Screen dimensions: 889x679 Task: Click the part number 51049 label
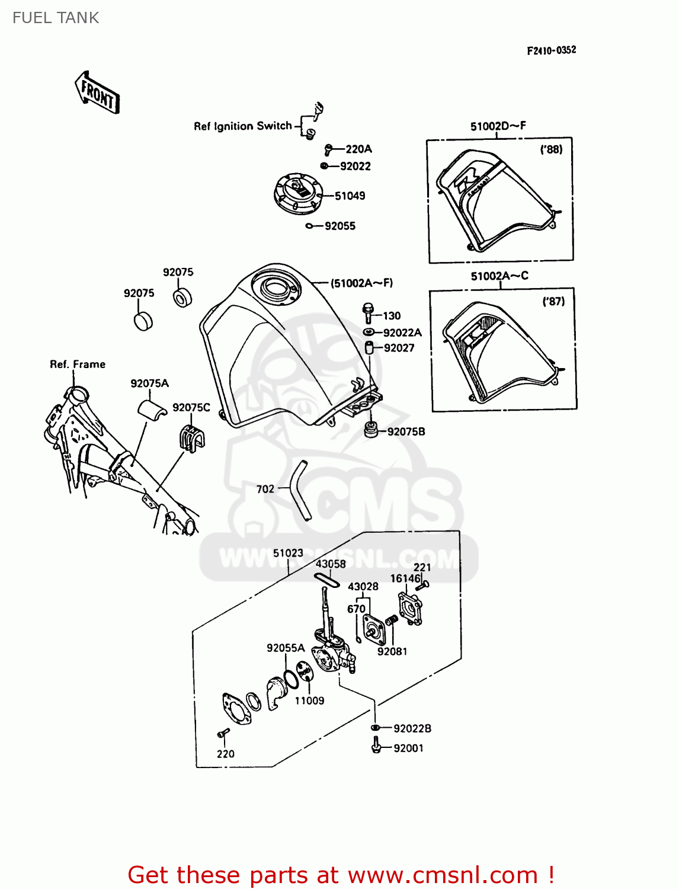(x=350, y=196)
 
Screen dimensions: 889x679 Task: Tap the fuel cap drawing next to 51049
(x=298, y=193)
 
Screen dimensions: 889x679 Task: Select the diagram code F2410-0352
(x=551, y=50)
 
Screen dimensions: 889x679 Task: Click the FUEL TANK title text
(x=56, y=18)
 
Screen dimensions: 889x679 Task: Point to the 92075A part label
(x=149, y=383)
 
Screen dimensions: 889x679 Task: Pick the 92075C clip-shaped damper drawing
(x=191, y=438)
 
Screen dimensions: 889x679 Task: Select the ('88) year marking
(x=551, y=150)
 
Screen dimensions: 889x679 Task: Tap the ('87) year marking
(x=553, y=302)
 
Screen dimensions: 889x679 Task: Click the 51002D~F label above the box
(x=498, y=126)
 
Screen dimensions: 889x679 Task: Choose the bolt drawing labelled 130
(x=368, y=313)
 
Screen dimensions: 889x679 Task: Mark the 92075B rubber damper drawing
(x=371, y=430)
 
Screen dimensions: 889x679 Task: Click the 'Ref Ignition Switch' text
(x=243, y=126)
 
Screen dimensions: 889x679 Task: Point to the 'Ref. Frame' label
(x=78, y=364)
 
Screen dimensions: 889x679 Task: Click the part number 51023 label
(x=288, y=553)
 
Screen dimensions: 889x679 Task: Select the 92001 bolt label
(x=408, y=749)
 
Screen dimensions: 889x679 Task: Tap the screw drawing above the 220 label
(x=223, y=734)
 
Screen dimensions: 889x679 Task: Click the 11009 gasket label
(x=309, y=701)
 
